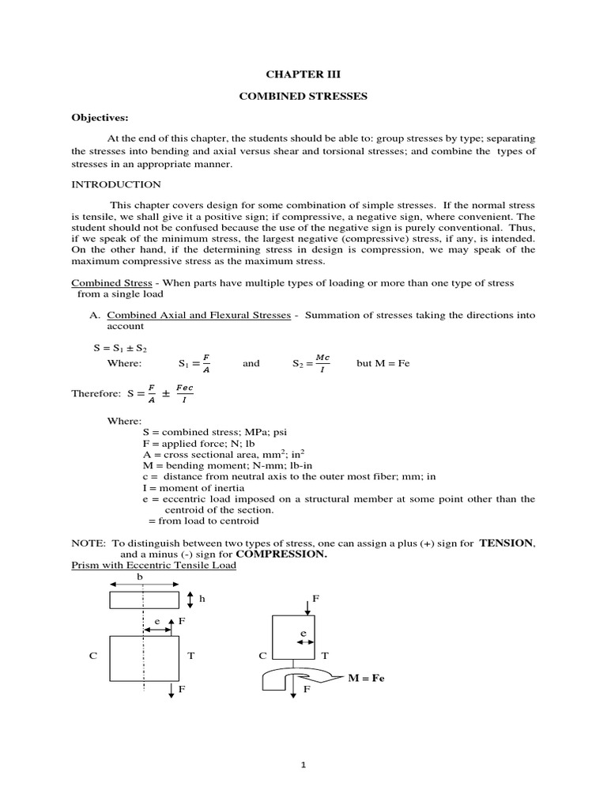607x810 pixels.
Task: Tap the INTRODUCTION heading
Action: click(x=116, y=185)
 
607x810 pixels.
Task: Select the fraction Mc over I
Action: click(x=323, y=362)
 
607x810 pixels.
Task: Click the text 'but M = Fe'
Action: click(x=383, y=363)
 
